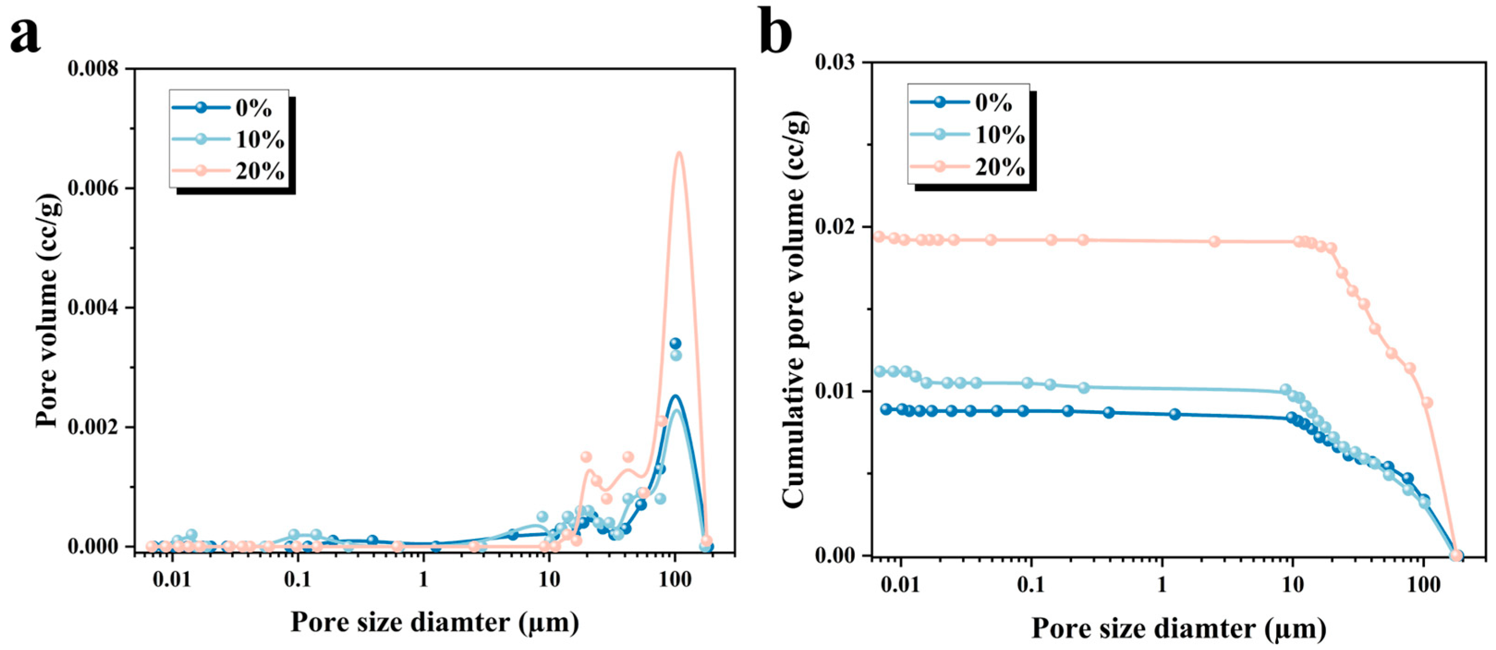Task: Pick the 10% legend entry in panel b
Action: (967, 135)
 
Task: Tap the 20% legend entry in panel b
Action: (967, 167)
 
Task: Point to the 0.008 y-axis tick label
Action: (93, 68)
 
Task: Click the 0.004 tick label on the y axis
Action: (93, 307)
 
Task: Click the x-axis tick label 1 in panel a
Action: (424, 581)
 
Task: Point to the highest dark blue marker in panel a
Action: (675, 344)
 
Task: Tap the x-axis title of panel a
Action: (435, 622)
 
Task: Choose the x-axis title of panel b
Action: (1178, 628)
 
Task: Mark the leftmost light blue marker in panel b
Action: (880, 371)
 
